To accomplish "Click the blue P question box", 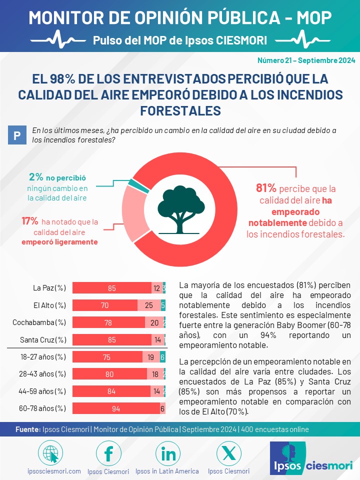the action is [17, 135].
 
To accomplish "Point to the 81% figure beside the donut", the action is [266, 188].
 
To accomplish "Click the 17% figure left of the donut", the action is [29, 220].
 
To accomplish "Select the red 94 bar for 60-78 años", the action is [116, 408].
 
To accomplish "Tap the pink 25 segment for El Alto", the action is [149, 305].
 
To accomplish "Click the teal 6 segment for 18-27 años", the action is [162, 357].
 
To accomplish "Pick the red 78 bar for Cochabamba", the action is [108, 322].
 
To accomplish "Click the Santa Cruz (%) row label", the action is [43, 340].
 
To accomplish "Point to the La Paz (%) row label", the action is [49, 288].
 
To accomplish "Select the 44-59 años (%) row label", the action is [42, 391].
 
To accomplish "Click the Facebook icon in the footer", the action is [108, 453].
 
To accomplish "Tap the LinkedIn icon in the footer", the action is [168, 453].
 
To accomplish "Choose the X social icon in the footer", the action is [228, 453].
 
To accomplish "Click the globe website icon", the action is [50, 453].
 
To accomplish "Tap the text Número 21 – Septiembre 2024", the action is [306, 60].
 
